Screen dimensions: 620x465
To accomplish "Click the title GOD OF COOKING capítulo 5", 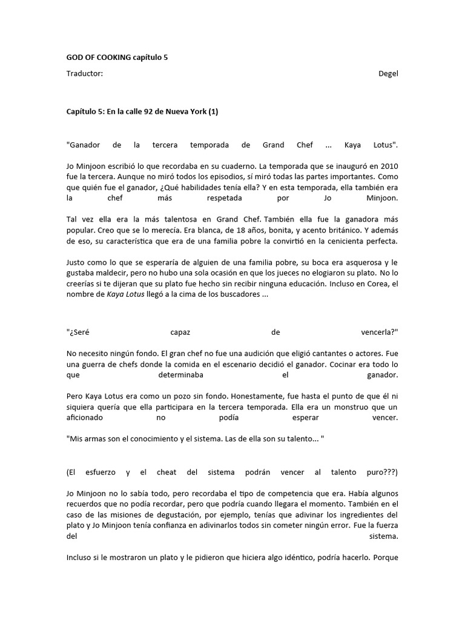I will coord(117,58).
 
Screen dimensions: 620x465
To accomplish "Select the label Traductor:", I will coord(84,74).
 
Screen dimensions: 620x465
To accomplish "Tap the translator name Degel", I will coord(387,74).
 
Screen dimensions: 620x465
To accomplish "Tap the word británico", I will coord(339,230).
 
